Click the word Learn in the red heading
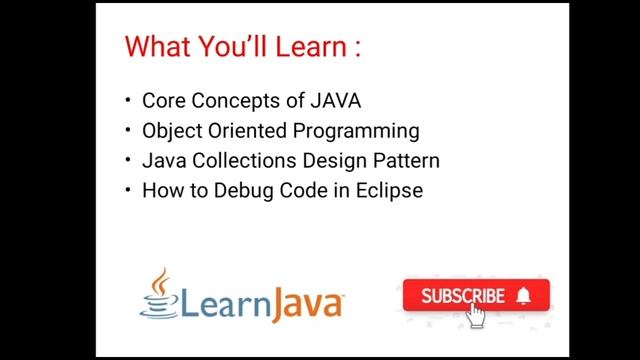308,46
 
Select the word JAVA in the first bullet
335,100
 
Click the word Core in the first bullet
162,100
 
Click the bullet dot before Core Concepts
128,101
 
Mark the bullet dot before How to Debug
128,191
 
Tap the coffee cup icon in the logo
156,293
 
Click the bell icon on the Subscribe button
526,296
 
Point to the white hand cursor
476,316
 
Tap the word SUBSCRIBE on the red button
462,296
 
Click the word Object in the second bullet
172,131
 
